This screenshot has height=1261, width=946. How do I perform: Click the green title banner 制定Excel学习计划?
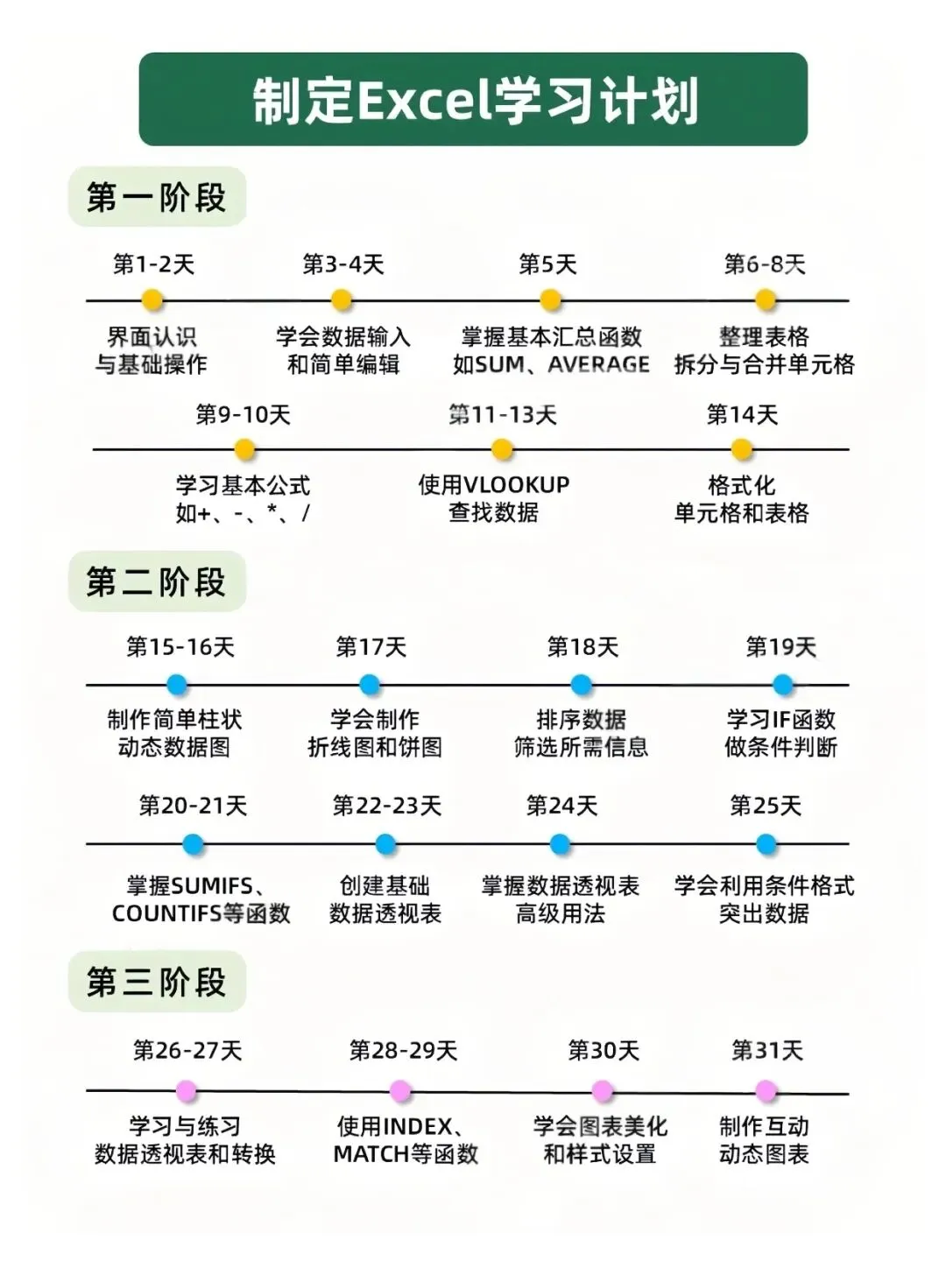coord(473,99)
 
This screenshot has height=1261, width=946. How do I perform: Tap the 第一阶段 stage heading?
coord(157,197)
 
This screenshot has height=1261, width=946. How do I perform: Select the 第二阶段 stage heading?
coord(157,581)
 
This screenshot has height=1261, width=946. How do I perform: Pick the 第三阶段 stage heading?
coord(157,982)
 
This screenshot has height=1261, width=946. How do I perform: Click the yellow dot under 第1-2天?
coord(152,300)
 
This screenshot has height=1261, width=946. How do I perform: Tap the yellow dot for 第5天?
coord(550,300)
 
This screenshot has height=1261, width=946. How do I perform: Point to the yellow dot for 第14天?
coord(742,449)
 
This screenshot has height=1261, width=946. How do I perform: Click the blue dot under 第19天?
coord(783,684)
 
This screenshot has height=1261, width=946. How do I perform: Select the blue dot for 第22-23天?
coord(385,844)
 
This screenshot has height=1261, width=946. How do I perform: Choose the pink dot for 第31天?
coord(766,1091)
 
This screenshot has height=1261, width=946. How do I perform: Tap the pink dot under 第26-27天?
coord(186,1091)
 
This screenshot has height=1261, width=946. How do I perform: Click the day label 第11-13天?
coord(503,414)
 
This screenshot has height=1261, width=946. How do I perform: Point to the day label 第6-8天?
coord(765,264)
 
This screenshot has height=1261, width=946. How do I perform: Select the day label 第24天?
coord(561,805)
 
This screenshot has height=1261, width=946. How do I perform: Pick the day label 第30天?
coord(604,1050)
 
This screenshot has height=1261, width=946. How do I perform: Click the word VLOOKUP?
coord(516,484)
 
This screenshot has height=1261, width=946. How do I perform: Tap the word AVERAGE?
coord(599,364)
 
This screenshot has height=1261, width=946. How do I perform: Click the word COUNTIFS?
coord(166,913)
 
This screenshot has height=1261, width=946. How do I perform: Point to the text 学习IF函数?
coord(781,719)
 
